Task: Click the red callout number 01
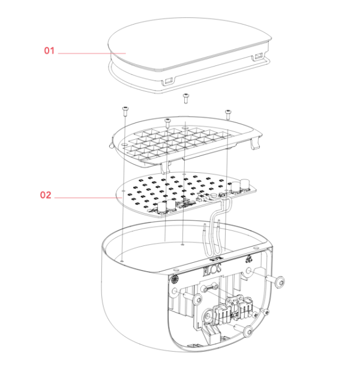click(49, 50)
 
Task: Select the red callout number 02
click(46, 195)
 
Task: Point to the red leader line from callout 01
click(92, 53)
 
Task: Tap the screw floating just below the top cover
click(186, 98)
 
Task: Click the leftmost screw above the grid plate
click(125, 111)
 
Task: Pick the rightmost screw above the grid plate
click(228, 115)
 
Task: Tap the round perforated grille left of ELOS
click(175, 280)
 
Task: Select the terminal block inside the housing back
click(233, 311)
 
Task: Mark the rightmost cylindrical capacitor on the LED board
click(245, 185)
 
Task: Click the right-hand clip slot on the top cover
click(258, 56)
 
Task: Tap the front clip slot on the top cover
click(169, 82)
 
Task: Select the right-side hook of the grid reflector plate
click(254, 143)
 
